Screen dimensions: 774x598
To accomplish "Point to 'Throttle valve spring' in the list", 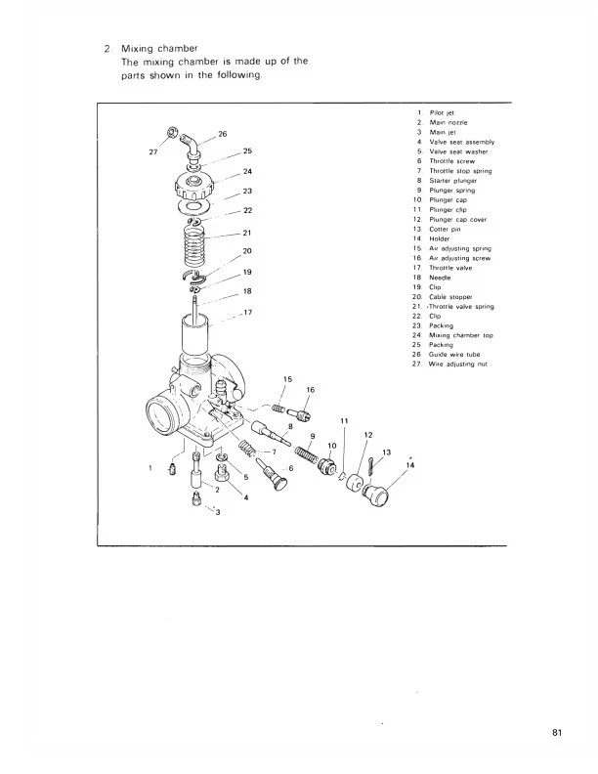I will pyautogui.click(x=463, y=307).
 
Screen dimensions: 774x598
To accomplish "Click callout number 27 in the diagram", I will pyautogui.click(x=150, y=151).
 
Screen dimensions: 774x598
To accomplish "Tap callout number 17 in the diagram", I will pyautogui.click(x=247, y=313).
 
